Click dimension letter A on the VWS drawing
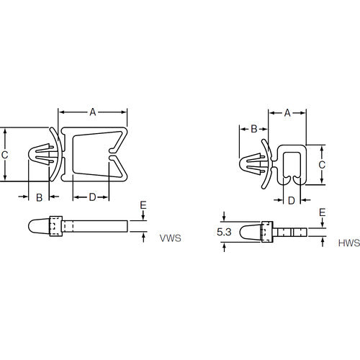[x=93, y=112]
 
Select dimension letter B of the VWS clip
[x=39, y=197]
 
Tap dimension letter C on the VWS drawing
[x=4, y=155]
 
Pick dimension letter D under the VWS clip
[x=92, y=197]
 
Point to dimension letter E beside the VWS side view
[x=143, y=205]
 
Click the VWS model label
[x=171, y=238]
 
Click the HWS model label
[x=349, y=243]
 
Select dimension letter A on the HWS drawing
[x=287, y=112]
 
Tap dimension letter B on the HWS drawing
[x=254, y=129]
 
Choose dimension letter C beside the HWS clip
[x=322, y=165]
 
